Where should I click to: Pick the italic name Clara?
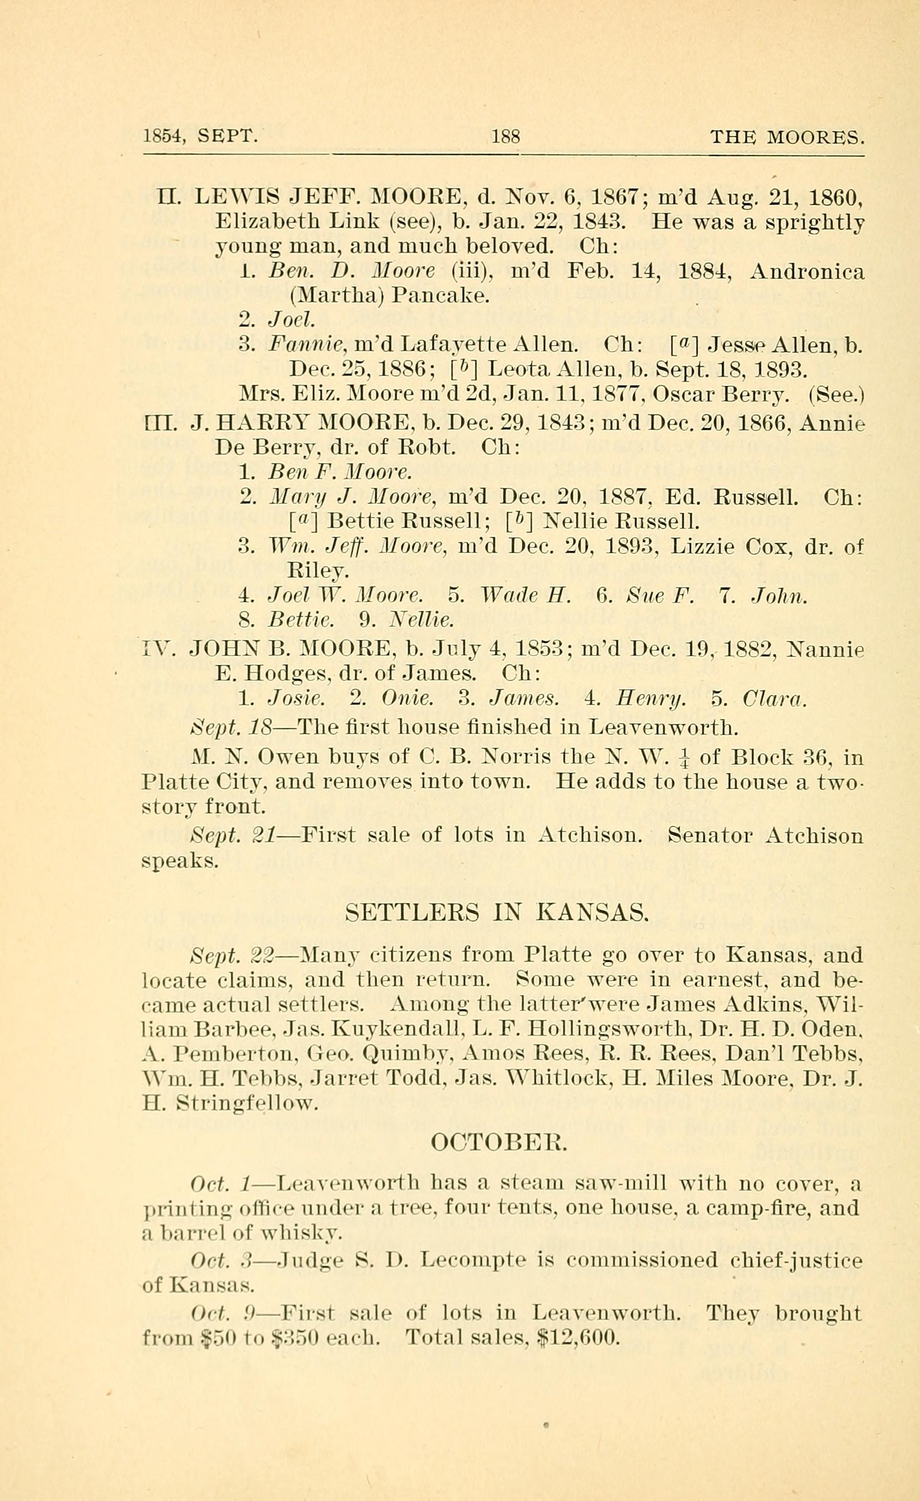(774, 699)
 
